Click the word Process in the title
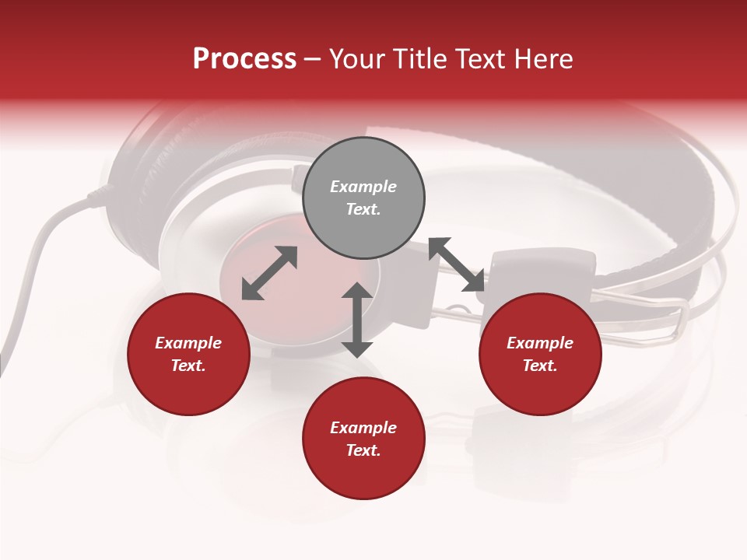tap(244, 59)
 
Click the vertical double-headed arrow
tap(357, 320)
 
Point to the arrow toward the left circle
tap(269, 273)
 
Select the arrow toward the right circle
tap(457, 264)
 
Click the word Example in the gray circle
tap(363, 187)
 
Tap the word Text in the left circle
tap(188, 366)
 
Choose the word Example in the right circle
tap(540, 343)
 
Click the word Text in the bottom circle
tap(363, 450)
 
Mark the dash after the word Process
tap(313, 60)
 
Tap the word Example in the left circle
tap(188, 343)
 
